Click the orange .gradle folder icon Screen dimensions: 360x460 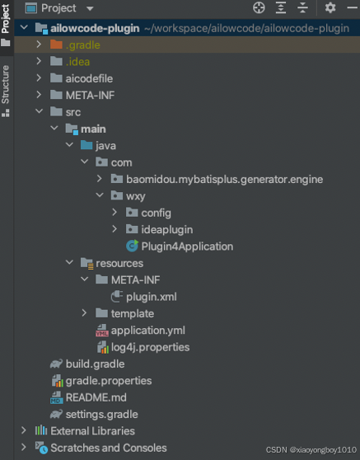coord(56,45)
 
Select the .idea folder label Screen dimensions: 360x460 coord(77,62)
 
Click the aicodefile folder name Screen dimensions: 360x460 coord(89,78)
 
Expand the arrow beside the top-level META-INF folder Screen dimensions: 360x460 coord(39,95)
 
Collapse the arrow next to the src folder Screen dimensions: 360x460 coord(39,111)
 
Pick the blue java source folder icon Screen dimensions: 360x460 coord(86,145)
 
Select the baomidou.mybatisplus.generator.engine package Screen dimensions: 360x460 coord(225,179)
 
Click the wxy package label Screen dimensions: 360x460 coord(135,196)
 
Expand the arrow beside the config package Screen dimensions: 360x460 coord(115,213)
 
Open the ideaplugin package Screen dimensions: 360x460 coord(166,230)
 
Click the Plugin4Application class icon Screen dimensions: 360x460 coord(132,246)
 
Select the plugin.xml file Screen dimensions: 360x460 coord(152,297)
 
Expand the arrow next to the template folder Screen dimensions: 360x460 coord(84,313)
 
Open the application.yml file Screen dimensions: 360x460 coord(148,331)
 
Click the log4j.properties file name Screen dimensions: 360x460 coord(151,347)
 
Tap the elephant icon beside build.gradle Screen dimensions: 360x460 coord(56,364)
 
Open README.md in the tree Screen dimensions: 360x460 coord(96,397)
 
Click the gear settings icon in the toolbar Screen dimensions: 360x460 coord(330,8)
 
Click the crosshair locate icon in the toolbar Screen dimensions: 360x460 coord(259,8)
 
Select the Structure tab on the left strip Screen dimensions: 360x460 coord(6,85)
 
